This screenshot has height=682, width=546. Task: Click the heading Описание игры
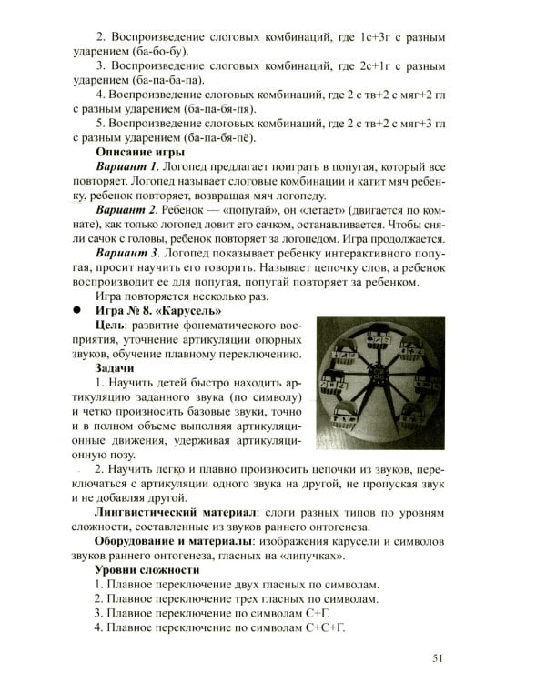point(140,152)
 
